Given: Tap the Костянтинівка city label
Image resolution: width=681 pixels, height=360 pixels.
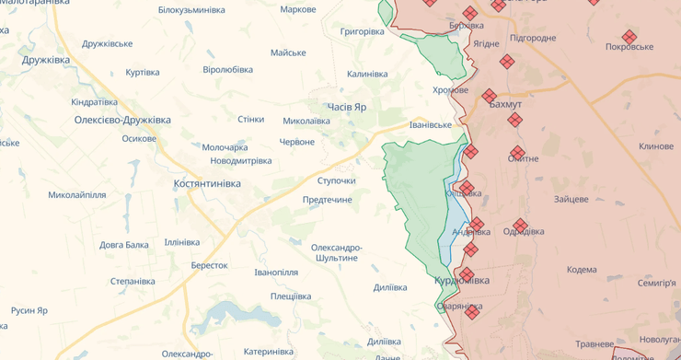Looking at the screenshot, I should (x=207, y=184).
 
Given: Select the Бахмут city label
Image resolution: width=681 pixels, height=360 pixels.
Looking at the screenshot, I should (x=505, y=106).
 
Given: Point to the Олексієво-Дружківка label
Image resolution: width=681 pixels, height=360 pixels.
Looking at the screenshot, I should (x=122, y=121).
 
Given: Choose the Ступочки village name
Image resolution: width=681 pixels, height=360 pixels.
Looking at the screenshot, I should (x=336, y=180).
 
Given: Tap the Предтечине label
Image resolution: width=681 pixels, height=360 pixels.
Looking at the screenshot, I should (x=328, y=200).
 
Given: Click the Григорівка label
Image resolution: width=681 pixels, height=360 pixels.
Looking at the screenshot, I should (x=362, y=31).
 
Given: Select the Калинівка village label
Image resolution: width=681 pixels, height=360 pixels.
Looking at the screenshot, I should (x=367, y=75).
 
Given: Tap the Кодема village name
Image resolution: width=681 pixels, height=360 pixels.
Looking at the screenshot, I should (x=582, y=270).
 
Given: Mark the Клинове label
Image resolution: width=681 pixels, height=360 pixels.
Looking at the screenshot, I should (x=656, y=146).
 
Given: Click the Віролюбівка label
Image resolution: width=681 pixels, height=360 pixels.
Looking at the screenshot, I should (x=227, y=70).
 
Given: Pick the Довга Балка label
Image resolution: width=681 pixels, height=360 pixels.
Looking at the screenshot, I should (x=124, y=245).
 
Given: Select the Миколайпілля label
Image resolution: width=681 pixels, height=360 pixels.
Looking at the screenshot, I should (x=77, y=195).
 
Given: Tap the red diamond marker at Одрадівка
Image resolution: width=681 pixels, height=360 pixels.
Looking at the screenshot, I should (x=521, y=226).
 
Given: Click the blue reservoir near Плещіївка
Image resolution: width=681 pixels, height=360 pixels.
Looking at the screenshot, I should (x=235, y=316).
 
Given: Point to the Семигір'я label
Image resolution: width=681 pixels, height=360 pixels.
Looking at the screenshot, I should (x=656, y=283).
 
